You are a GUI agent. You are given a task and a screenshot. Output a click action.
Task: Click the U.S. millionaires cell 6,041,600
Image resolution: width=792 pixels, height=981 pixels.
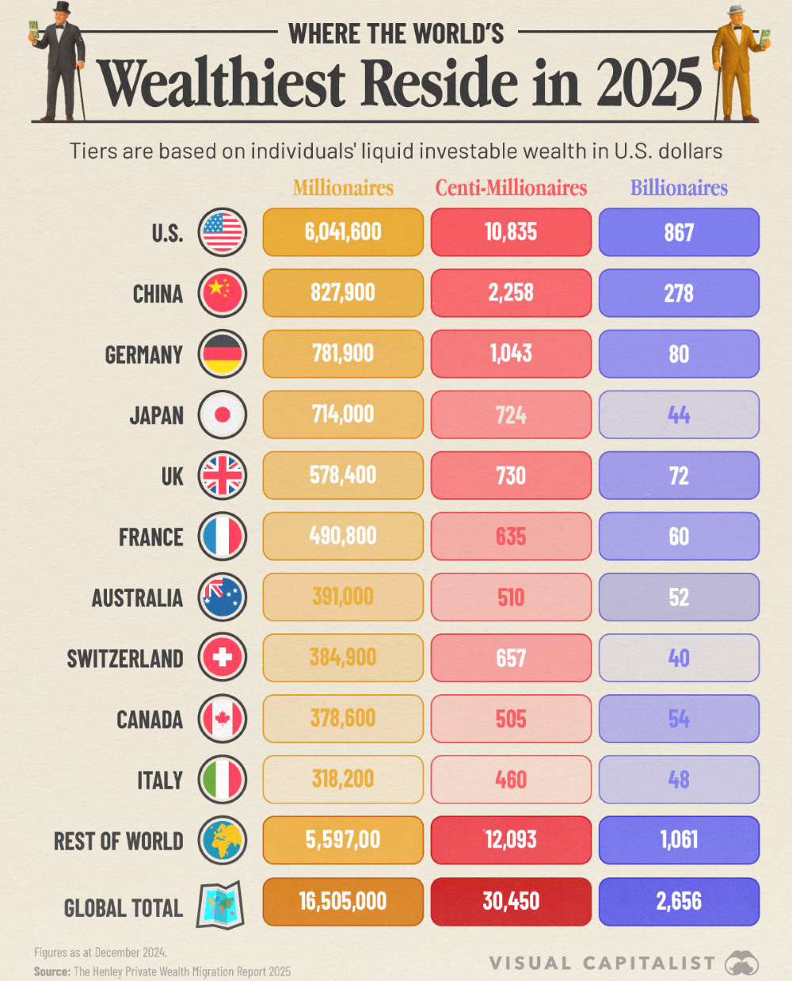tap(343, 232)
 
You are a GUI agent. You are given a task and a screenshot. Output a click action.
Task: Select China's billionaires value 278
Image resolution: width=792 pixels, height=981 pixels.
tap(679, 293)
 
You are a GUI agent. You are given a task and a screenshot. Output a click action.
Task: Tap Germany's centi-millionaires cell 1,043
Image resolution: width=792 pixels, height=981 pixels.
tap(511, 353)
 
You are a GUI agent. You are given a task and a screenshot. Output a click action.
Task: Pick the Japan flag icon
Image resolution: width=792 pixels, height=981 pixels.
tap(223, 414)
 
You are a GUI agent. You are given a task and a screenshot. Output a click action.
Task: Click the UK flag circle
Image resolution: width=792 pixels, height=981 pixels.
tap(223, 475)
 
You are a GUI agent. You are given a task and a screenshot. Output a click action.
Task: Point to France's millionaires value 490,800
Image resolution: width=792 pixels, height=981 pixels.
tap(343, 536)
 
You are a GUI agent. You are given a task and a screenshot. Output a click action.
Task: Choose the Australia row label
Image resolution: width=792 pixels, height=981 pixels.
tap(137, 597)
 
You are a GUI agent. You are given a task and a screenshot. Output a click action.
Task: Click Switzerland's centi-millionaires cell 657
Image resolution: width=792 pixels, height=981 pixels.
tap(511, 658)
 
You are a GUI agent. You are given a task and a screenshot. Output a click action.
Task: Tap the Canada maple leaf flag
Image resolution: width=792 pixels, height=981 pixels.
tap(223, 719)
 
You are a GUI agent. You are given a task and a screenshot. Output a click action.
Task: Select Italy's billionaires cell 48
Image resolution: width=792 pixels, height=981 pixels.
tap(679, 780)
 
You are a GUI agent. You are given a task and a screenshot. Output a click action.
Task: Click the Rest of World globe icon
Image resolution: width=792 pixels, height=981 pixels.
tap(223, 841)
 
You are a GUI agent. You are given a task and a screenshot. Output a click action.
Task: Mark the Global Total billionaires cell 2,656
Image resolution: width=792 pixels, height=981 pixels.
tap(679, 902)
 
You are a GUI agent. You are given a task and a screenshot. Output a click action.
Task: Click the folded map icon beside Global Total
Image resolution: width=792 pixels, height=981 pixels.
tap(220, 904)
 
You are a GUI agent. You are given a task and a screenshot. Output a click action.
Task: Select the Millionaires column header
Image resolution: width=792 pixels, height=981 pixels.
tap(343, 188)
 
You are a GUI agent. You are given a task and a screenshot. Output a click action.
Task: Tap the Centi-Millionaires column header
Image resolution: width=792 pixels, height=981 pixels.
tap(511, 188)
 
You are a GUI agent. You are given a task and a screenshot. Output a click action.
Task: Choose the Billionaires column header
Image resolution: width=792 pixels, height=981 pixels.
tap(679, 188)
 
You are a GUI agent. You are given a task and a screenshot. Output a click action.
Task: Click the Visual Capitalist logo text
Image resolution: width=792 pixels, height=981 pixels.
tap(602, 963)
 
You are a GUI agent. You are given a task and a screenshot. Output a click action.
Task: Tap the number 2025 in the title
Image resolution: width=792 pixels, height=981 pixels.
tap(649, 84)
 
